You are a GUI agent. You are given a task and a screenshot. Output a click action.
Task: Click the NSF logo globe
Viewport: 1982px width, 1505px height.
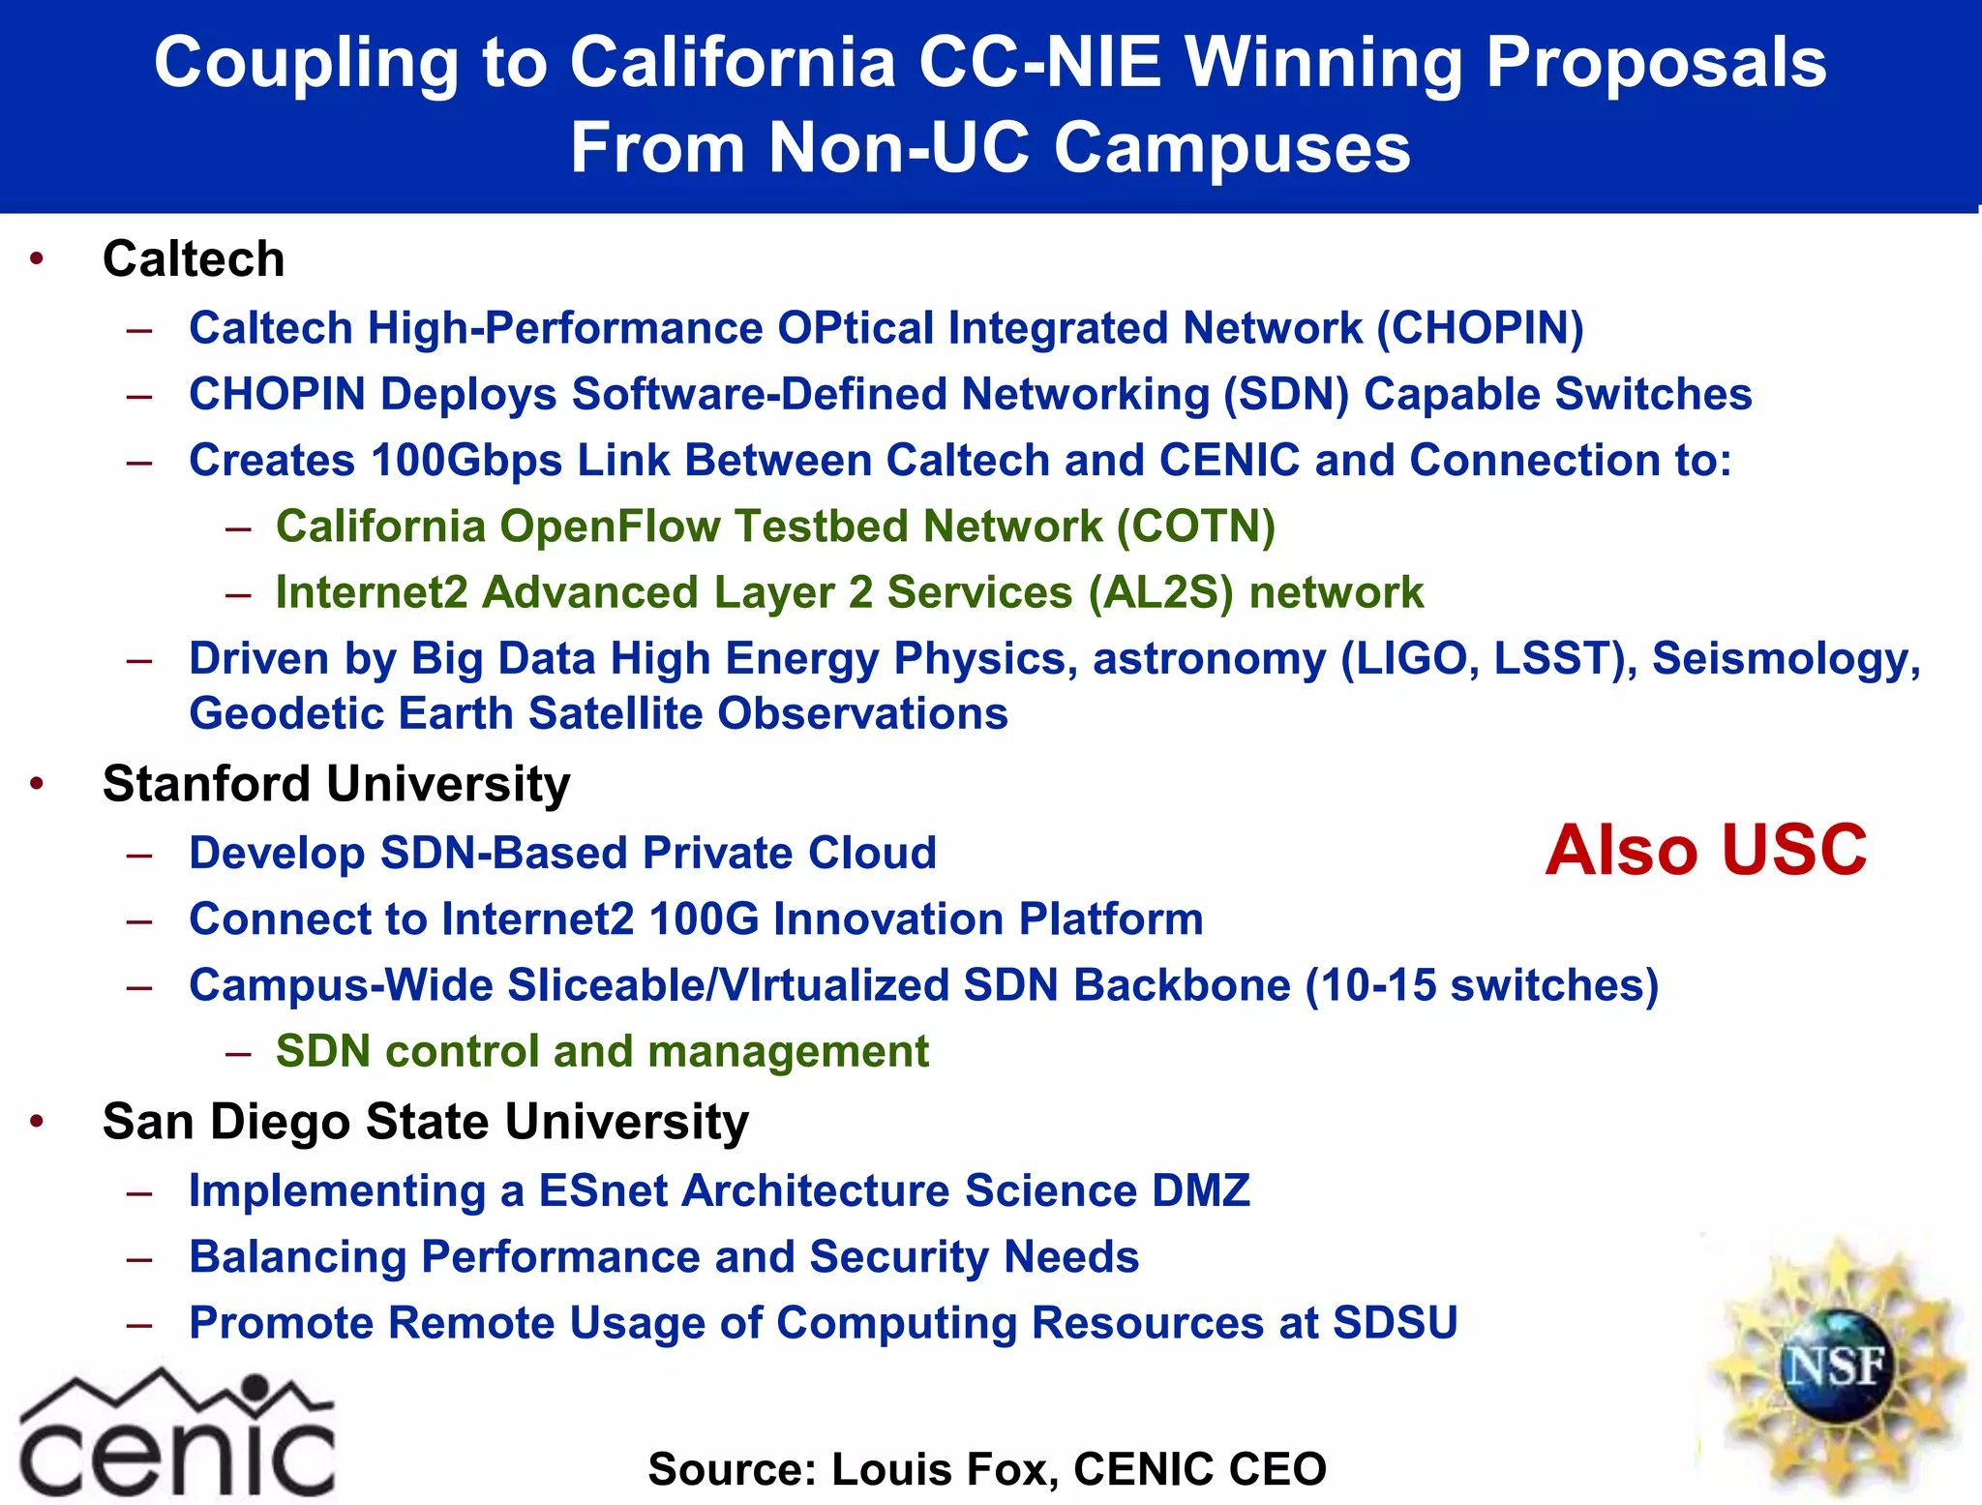click(1833, 1366)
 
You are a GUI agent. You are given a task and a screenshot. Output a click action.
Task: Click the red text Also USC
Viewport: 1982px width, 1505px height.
click(1705, 850)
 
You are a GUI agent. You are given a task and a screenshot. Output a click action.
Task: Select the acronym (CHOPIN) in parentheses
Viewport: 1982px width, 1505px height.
click(1480, 328)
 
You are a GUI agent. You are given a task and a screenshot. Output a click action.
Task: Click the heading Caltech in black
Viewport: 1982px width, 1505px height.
click(194, 259)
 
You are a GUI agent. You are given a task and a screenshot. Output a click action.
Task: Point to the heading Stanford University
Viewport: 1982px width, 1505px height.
click(336, 784)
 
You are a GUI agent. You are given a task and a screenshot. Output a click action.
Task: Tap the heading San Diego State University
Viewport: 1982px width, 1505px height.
click(425, 1122)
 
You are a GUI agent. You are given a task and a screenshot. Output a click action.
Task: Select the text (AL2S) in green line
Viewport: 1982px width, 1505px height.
click(1160, 592)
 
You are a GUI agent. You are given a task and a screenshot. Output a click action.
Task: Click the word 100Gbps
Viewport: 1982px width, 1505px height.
click(465, 460)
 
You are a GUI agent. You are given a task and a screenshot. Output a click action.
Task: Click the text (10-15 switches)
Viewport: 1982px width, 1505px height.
click(1481, 985)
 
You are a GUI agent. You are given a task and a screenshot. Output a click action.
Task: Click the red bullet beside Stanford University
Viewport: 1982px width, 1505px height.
click(37, 783)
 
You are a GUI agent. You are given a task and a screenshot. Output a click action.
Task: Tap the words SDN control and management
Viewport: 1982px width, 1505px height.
click(602, 1051)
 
